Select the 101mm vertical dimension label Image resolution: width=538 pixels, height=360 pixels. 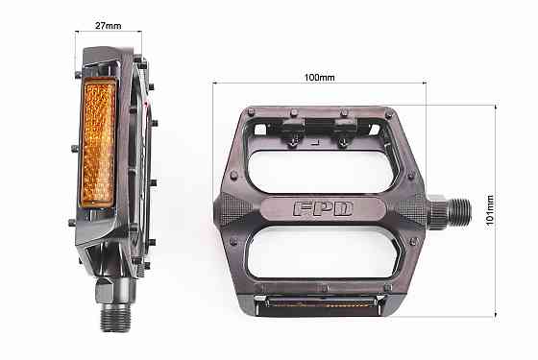pyautogui.click(x=489, y=206)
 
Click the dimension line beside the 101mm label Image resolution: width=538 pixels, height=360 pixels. pyautogui.click(x=496, y=144)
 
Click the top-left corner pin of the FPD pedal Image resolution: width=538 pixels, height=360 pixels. pyautogui.click(x=251, y=112)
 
